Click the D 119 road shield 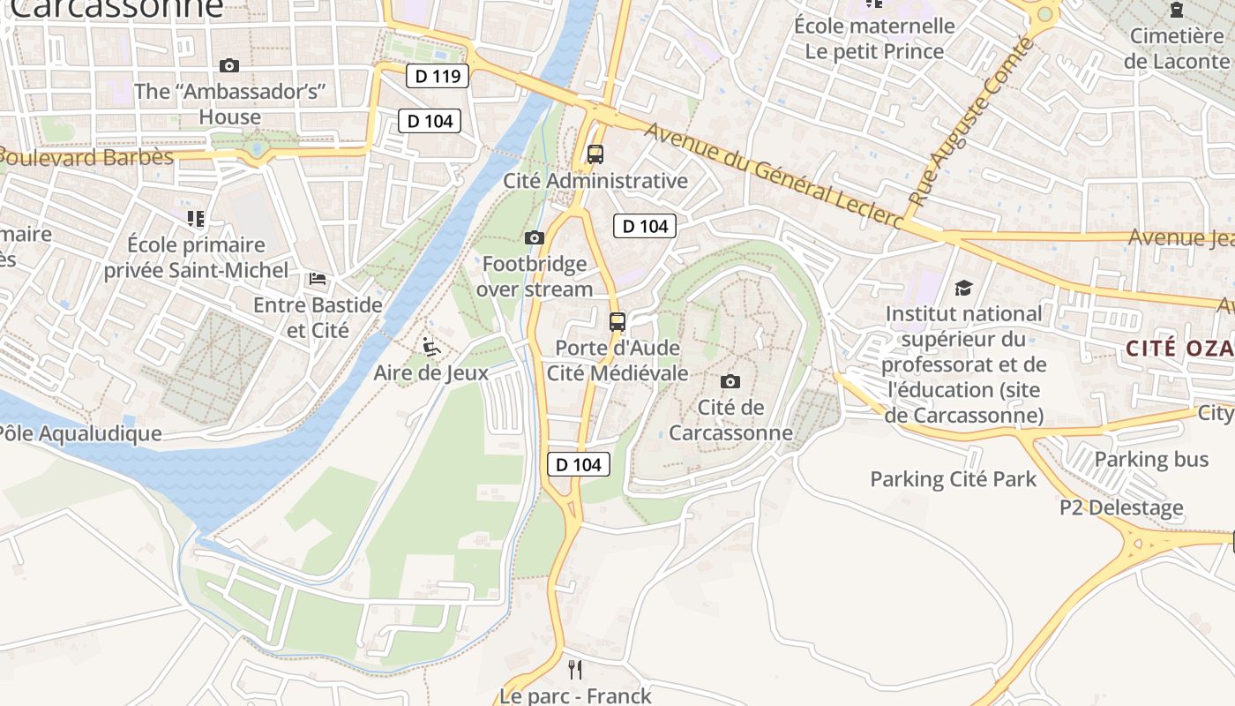[438, 76]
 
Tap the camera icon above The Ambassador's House [229, 66]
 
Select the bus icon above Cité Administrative [595, 154]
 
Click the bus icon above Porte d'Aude [617, 321]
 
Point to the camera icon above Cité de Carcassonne [730, 381]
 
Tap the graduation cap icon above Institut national [963, 289]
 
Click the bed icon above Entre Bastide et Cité [318, 279]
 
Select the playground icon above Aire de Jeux [430, 346]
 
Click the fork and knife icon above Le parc [575, 670]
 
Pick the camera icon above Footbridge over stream [535, 237]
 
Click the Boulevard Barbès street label [86, 158]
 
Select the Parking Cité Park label [953, 479]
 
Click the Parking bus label [1151, 459]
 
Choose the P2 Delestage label [1121, 507]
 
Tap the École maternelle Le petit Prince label [874, 39]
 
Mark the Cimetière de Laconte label [1176, 49]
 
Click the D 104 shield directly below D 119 [430, 121]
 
